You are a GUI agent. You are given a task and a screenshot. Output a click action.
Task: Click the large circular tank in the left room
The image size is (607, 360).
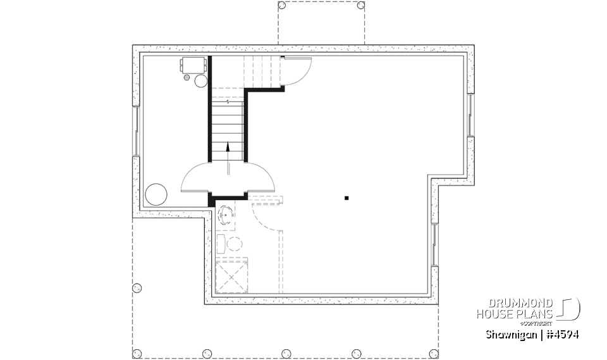pyautogui.click(x=156, y=194)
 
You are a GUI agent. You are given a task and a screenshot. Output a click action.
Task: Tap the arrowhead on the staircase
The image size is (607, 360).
pyautogui.click(x=228, y=147)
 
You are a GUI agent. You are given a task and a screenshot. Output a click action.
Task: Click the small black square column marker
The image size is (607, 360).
pyautogui.click(x=346, y=198)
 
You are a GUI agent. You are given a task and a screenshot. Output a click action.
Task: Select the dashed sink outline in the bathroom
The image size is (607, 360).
pyautogui.click(x=226, y=214)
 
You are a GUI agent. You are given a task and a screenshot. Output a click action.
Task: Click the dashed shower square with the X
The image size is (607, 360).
pyautogui.click(x=231, y=276)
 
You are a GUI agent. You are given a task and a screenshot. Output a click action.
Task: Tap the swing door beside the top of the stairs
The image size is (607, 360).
pyautogui.click(x=296, y=70)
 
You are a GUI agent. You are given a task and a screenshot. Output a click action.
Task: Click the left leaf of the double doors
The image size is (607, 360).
pyautogui.click(x=197, y=178)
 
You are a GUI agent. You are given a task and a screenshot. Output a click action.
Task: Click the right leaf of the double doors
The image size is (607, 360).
pyautogui.click(x=259, y=178)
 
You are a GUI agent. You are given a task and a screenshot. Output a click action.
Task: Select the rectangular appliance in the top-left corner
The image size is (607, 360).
pyautogui.click(x=193, y=64)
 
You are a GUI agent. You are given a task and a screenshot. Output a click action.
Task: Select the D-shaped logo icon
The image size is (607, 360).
pyautogui.click(x=570, y=308)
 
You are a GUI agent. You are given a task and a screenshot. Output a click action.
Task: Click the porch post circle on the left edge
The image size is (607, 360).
pyautogui.click(x=137, y=288)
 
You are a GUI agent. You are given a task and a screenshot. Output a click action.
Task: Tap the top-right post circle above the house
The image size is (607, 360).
pyautogui.click(x=360, y=5)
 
